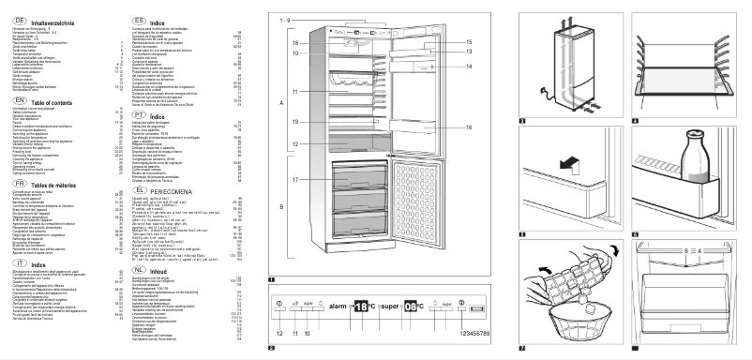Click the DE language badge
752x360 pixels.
pos(10,18)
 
